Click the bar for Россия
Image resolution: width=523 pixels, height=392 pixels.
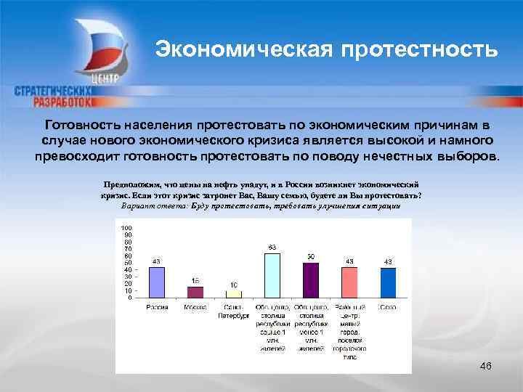(x=157, y=282)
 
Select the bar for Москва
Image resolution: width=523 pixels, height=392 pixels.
(x=195, y=292)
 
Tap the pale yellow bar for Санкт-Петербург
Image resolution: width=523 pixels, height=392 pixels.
(x=233, y=294)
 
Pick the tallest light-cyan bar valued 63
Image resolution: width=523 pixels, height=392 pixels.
(x=272, y=275)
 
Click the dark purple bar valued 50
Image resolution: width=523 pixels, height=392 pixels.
(x=310, y=280)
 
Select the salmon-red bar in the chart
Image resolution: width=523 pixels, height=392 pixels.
(x=349, y=282)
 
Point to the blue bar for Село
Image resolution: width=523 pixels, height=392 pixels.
(x=388, y=282)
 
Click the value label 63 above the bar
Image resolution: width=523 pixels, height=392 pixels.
(x=272, y=248)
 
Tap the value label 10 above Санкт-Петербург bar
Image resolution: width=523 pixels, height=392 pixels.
(x=233, y=285)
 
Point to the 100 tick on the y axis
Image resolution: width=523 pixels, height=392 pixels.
(x=127, y=228)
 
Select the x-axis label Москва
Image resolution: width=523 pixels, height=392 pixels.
(x=195, y=308)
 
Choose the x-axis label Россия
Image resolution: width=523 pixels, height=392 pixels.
(x=156, y=308)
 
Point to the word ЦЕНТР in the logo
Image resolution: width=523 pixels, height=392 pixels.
(x=106, y=79)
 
